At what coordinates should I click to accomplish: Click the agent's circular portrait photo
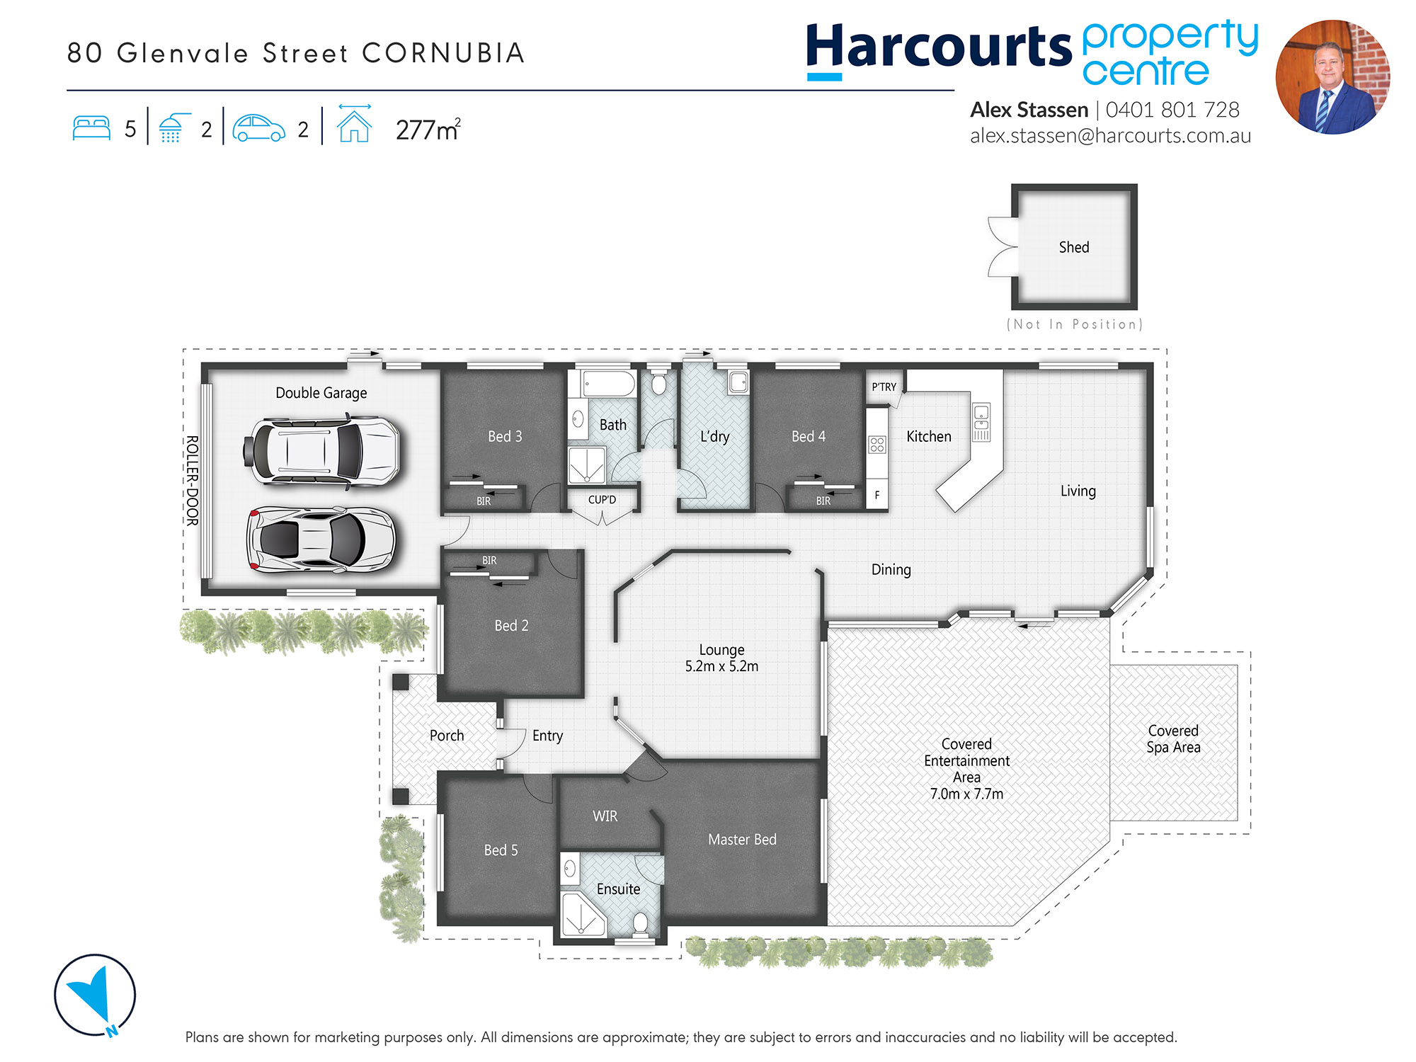[x=1332, y=76]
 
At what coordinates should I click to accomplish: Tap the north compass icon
[x=95, y=995]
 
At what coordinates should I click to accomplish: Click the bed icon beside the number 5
[x=91, y=128]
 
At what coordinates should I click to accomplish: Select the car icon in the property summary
[x=258, y=128]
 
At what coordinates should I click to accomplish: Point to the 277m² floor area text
[x=428, y=130]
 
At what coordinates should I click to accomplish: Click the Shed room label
[x=1074, y=247]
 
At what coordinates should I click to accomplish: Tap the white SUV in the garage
[x=321, y=451]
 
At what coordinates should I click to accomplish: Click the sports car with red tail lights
[x=321, y=539]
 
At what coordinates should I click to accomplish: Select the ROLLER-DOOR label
[x=192, y=480]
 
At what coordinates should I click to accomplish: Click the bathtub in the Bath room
[x=608, y=384]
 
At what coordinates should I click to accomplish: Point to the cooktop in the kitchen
[x=877, y=445]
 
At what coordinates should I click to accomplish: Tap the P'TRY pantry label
[x=884, y=387]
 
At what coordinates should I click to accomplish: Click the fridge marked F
[x=877, y=495]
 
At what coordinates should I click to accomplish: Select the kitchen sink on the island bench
[x=981, y=422]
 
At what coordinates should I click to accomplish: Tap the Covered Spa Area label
[x=1173, y=738]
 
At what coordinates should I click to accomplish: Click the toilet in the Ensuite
[x=640, y=923]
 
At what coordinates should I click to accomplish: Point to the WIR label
[x=605, y=816]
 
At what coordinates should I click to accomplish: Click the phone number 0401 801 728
[x=1172, y=110]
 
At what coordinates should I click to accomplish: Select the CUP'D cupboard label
[x=602, y=500]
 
